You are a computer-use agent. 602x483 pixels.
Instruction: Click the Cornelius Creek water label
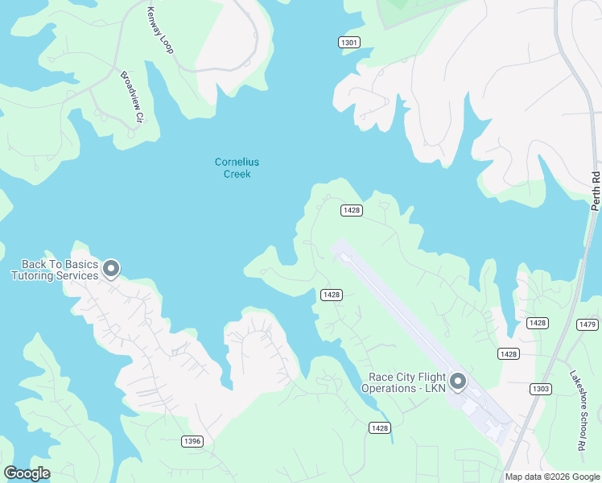(237, 168)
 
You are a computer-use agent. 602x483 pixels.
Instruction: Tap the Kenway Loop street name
(159, 31)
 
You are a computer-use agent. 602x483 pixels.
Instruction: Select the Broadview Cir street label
(131, 97)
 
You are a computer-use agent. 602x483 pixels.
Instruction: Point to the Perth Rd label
(596, 191)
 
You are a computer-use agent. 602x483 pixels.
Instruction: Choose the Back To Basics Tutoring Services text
(54, 270)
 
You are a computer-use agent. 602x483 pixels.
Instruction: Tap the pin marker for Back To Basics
(111, 268)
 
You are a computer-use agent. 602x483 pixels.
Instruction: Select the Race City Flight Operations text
(408, 382)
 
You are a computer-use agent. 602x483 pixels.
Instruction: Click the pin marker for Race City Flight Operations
(458, 381)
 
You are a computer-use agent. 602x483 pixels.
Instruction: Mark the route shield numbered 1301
(348, 42)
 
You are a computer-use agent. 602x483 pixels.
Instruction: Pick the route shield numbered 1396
(192, 440)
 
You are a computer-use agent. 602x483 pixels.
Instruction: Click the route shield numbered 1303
(541, 389)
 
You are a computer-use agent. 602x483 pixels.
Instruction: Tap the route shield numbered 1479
(588, 324)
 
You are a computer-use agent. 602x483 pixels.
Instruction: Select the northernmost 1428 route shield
(351, 210)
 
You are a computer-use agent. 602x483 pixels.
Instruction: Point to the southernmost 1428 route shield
(380, 427)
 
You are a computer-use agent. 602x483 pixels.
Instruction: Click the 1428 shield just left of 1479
(538, 323)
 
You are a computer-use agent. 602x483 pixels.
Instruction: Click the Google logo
(27, 473)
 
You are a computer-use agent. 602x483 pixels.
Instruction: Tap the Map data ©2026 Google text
(551, 477)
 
